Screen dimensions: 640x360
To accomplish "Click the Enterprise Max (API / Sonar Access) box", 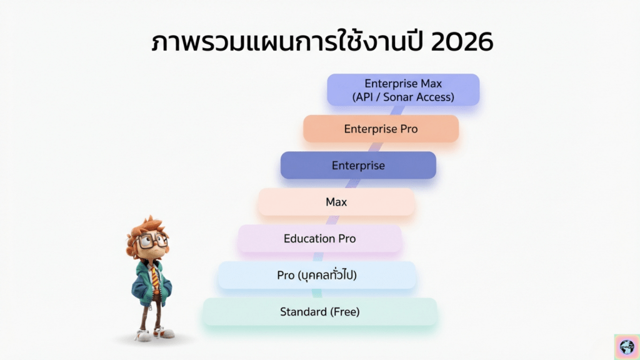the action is [403, 90].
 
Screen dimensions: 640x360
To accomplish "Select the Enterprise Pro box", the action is [381, 129].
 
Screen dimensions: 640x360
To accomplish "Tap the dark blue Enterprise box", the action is [358, 165].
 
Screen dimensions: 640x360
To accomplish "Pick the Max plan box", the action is [336, 202].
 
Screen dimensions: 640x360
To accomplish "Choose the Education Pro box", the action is [320, 238].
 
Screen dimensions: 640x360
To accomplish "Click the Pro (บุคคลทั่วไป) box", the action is [317, 275].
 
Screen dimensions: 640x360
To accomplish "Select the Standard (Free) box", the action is [320, 312].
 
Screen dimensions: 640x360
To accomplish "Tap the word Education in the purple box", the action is [303, 238].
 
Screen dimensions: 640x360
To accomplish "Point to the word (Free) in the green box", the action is [345, 312].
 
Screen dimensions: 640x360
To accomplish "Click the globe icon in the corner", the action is [627, 347].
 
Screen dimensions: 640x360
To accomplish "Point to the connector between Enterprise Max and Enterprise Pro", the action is [397, 111].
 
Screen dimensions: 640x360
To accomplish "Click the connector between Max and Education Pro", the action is [332, 220].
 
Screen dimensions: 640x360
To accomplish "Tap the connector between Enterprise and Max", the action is [352, 183].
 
